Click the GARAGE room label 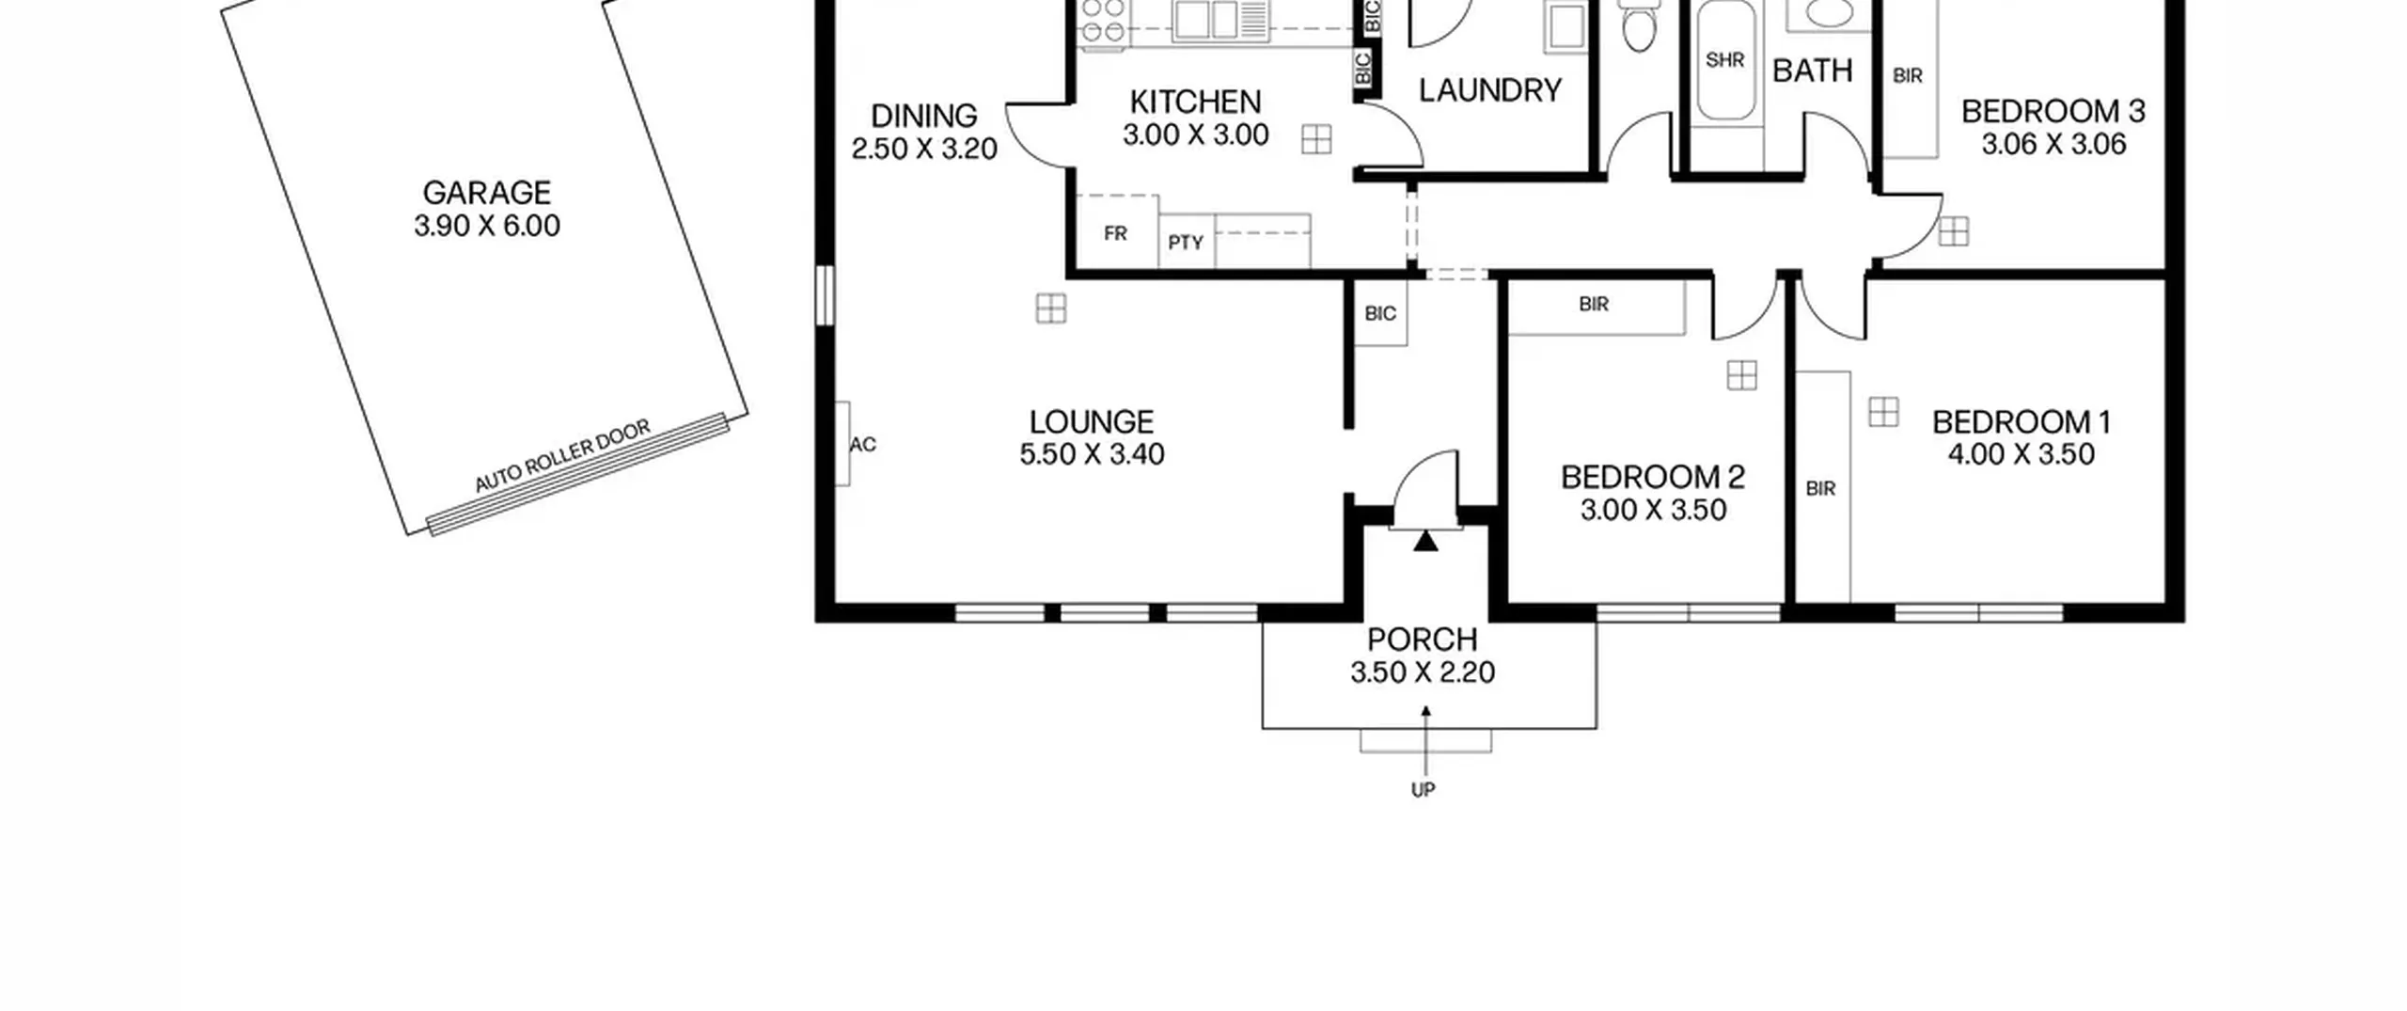click(486, 193)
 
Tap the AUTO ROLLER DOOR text click(562, 456)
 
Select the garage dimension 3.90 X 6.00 click(487, 226)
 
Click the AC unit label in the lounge click(863, 445)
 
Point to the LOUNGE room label click(1092, 421)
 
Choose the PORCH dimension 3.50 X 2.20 click(1423, 672)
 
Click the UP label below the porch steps click(1424, 790)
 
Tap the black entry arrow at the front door click(1426, 541)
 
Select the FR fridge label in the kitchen click(1115, 233)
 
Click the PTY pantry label click(1186, 243)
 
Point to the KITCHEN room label click(1195, 102)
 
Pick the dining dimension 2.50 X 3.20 click(924, 149)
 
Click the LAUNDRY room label click(1490, 90)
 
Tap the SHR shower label click(1724, 60)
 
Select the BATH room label click(1812, 71)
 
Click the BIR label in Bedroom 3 click(1908, 75)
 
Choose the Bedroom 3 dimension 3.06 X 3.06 click(2053, 144)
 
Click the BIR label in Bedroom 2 click(1594, 304)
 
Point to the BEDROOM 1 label click(2022, 422)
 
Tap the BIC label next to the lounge click(1380, 313)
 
